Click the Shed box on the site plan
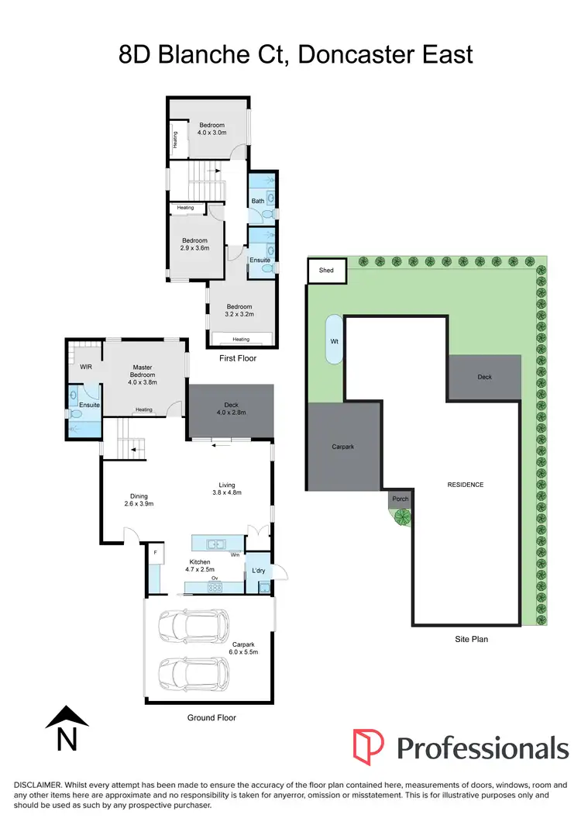tap(327, 271)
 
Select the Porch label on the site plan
tap(401, 499)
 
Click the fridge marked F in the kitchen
tap(156, 552)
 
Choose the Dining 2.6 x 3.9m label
tap(139, 500)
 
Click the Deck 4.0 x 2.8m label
tap(230, 408)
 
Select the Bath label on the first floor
tap(257, 202)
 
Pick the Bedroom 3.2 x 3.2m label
tap(239, 311)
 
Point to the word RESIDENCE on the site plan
tap(466, 485)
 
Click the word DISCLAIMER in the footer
tap(36, 785)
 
